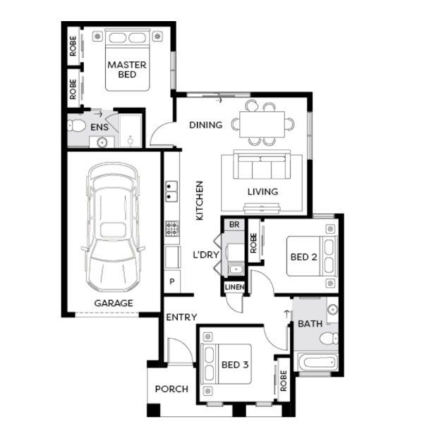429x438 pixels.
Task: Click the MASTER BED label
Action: point(127,70)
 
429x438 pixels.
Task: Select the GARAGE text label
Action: point(114,303)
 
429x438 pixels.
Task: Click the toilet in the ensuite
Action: point(76,126)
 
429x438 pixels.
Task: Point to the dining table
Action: point(262,125)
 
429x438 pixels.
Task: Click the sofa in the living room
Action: point(262,165)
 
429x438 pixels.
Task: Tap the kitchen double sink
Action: point(171,192)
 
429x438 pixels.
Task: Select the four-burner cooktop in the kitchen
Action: point(172,228)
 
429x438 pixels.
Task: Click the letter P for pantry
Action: point(172,282)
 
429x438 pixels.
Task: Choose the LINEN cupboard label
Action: point(234,287)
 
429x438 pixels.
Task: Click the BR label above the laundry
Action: point(234,225)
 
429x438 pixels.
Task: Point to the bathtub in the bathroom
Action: point(318,363)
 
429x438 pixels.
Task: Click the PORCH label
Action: point(171,389)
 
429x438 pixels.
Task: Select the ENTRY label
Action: point(181,318)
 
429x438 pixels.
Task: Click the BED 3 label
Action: point(235,365)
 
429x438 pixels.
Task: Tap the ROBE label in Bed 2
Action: point(253,243)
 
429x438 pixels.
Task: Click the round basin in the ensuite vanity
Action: point(102,142)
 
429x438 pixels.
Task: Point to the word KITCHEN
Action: point(200,201)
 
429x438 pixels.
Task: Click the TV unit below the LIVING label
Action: point(262,208)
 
